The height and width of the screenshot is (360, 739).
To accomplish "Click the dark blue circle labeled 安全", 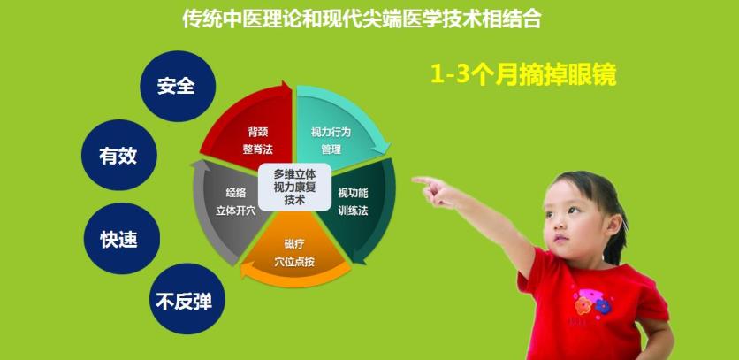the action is (178, 86).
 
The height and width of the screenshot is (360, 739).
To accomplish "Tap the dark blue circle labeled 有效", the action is (118, 155).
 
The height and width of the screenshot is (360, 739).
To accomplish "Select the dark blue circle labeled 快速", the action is (122, 238).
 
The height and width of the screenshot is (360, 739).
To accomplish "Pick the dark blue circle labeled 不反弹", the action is (187, 299).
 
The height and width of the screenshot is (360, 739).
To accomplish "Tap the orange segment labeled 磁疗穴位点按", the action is (294, 252).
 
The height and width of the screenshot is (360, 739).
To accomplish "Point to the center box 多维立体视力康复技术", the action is (294, 187).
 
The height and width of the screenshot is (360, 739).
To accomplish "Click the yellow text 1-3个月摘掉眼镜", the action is (523, 75).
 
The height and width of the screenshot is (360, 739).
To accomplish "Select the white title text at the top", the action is (362, 19).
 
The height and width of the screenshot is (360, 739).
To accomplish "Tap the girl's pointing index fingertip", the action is (415, 180).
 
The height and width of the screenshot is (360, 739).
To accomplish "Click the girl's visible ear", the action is (613, 225).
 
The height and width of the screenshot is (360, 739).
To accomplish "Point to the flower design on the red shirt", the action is (592, 303).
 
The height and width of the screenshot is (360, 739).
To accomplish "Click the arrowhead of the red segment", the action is (286, 88).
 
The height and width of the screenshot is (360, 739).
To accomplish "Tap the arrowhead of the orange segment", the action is (246, 271).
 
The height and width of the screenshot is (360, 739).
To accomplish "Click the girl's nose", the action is (560, 226).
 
